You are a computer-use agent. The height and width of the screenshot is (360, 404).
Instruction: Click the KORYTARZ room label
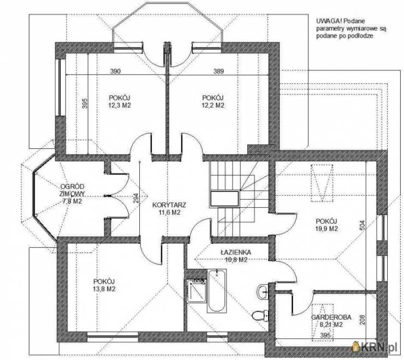[x=169, y=205]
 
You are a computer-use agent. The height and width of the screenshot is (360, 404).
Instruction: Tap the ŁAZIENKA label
[x=235, y=252]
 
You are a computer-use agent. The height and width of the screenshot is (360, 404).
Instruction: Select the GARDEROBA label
[x=331, y=317]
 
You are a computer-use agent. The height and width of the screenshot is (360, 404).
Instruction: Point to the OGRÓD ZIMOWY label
[x=72, y=190]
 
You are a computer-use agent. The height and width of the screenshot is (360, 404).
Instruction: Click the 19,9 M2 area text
[x=326, y=229]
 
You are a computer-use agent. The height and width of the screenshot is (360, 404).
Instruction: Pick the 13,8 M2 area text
[x=104, y=289]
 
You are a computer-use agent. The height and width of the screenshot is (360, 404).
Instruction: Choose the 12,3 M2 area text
[x=120, y=105]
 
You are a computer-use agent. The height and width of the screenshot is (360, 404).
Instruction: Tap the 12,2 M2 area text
[x=213, y=105]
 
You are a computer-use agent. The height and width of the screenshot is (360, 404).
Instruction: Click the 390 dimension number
[x=115, y=71]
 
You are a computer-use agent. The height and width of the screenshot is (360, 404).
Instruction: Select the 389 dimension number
[x=218, y=71]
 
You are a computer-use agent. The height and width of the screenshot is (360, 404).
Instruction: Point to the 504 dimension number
[x=362, y=225]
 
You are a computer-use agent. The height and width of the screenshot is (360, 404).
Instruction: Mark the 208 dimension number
[x=362, y=320]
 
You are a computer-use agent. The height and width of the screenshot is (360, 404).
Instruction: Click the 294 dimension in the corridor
[x=136, y=199]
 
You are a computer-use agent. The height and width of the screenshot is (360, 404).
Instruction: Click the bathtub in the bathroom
[x=217, y=291]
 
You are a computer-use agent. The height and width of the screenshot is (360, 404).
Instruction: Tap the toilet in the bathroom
[x=260, y=315]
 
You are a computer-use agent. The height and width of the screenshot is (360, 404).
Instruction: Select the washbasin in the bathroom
[x=263, y=291]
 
